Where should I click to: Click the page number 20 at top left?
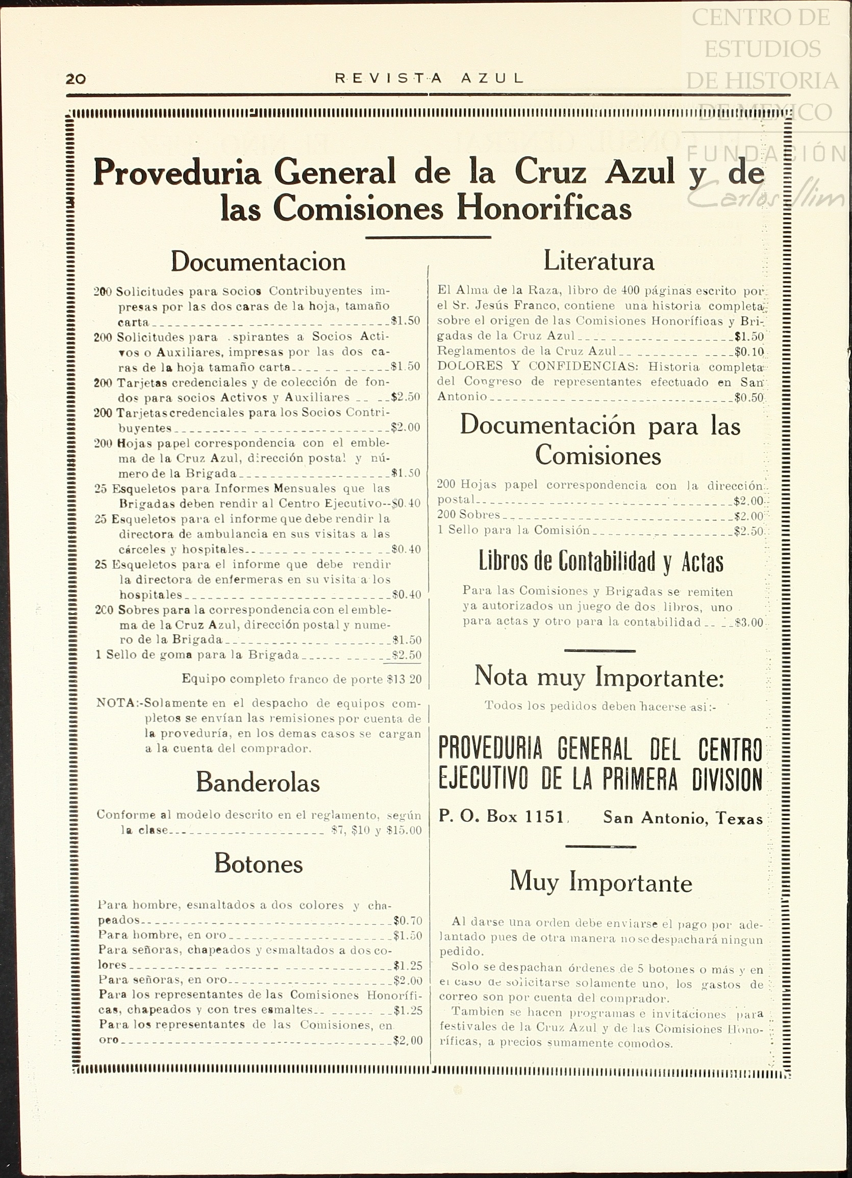[x=76, y=79]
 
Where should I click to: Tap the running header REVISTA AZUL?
[x=429, y=79]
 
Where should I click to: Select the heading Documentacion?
[x=258, y=261]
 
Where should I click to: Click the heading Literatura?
[x=598, y=260]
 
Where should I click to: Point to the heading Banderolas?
[x=258, y=782]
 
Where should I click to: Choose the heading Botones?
[x=258, y=864]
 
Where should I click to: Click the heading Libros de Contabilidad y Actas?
[x=600, y=562]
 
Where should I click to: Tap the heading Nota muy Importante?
[x=599, y=678]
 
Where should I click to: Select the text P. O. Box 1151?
[x=502, y=817]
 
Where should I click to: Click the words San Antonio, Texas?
[x=683, y=818]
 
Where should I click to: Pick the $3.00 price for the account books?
[x=749, y=623]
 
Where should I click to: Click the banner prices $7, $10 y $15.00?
[x=377, y=831]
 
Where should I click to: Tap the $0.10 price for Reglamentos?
[x=749, y=352]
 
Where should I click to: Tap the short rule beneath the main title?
[x=428, y=237]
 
